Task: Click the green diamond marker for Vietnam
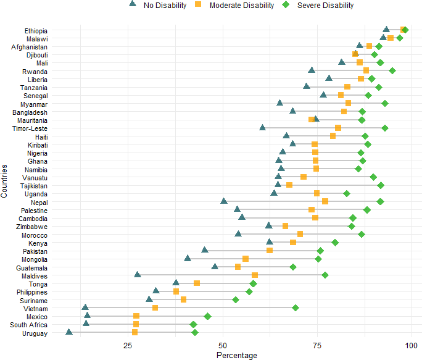click(x=296, y=308)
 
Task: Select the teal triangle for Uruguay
click(x=69, y=332)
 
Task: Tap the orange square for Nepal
click(x=325, y=201)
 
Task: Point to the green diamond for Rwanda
click(x=392, y=71)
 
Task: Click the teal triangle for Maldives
click(x=138, y=275)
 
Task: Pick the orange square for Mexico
click(x=136, y=316)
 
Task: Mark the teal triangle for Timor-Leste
click(x=262, y=127)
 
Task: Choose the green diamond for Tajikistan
click(x=381, y=185)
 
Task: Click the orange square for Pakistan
click(x=270, y=251)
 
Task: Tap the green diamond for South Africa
click(x=193, y=324)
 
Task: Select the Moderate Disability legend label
click(x=242, y=6)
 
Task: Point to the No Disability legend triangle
click(x=133, y=4)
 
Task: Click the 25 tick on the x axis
click(x=128, y=345)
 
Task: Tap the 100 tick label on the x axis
click(x=412, y=345)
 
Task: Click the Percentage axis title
click(x=237, y=355)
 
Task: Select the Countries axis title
click(x=4, y=181)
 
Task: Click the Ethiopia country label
click(x=36, y=31)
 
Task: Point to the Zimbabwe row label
click(x=31, y=227)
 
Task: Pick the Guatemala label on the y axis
click(x=31, y=268)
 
